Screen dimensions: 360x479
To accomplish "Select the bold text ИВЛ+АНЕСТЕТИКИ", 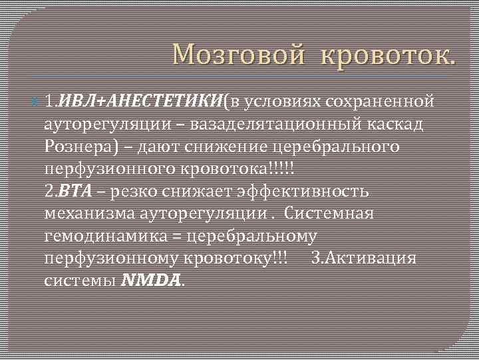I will [140, 101].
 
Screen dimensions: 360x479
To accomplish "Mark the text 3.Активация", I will [363, 259].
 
